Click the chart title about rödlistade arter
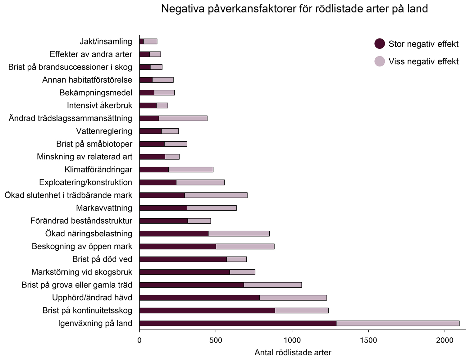click(294, 9)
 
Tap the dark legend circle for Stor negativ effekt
click(380, 44)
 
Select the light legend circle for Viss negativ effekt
click(380, 62)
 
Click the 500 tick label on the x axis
click(216, 340)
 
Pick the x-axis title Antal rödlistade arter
click(293, 353)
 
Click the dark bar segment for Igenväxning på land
click(238, 323)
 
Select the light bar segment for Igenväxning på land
click(398, 323)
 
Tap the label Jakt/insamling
click(106, 41)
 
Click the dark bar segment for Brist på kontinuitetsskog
click(207, 310)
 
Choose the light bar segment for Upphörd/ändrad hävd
click(293, 298)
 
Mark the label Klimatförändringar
click(98, 170)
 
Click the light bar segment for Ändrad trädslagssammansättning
click(183, 118)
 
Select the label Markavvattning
click(104, 208)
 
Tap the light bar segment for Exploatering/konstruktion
click(200, 182)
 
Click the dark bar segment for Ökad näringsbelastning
click(174, 234)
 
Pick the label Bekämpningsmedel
click(96, 93)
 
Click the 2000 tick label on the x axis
click(445, 340)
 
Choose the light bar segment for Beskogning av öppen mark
click(245, 247)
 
